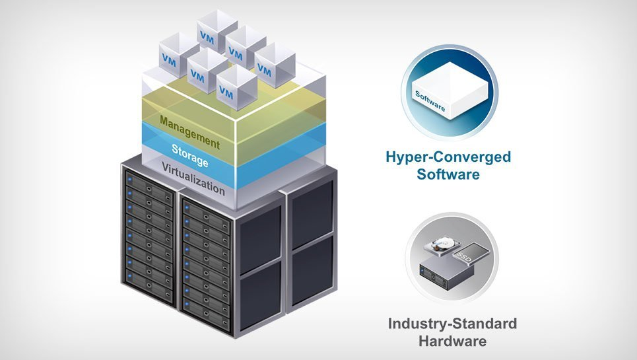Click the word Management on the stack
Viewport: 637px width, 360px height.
click(189, 131)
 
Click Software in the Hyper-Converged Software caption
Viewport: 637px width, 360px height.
click(449, 175)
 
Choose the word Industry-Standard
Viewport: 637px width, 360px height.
click(452, 324)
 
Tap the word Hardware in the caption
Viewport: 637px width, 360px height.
click(452, 342)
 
